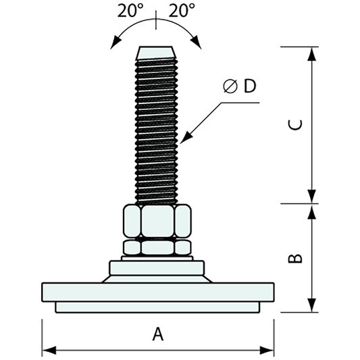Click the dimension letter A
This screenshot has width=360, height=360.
tap(157, 334)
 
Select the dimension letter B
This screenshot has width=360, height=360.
tap(295, 258)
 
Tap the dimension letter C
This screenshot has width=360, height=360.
tap(295, 125)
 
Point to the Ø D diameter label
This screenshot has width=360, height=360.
tap(240, 86)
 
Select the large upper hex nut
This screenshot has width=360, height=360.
tap(157, 222)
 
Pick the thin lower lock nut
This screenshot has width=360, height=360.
tap(157, 247)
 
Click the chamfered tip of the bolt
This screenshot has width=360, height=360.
tap(157, 53)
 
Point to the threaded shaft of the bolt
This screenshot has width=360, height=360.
tap(157, 128)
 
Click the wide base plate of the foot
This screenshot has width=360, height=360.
tap(157, 292)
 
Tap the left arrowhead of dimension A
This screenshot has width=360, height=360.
tap(47, 350)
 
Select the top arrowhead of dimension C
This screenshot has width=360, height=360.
tap(311, 53)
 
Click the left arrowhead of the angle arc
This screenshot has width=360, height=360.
tap(112, 45)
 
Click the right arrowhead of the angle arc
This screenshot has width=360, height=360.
tap(199, 44)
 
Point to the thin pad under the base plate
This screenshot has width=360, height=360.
tap(157, 307)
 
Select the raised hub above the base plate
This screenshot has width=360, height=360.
tap(157, 271)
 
